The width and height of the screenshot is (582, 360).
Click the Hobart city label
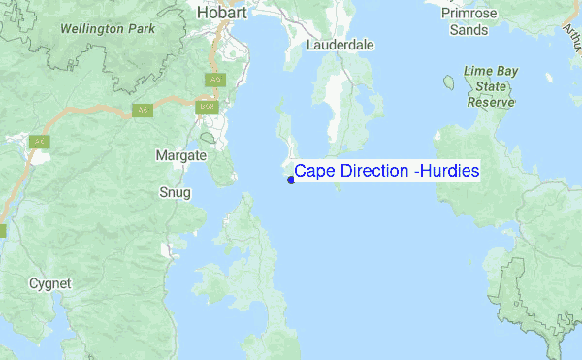point(223,13)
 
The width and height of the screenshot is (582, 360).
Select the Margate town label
point(180,155)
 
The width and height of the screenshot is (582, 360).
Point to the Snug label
point(175,192)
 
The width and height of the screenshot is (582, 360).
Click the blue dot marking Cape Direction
point(291,180)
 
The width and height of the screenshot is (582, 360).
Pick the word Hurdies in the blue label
point(449,171)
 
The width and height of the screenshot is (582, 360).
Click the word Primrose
point(469,14)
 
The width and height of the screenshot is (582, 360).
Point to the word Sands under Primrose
point(469,29)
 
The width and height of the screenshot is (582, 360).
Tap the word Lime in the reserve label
point(478,72)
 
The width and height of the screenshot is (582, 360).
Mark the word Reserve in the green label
point(490,101)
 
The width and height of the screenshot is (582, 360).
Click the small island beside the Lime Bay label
point(448,82)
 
